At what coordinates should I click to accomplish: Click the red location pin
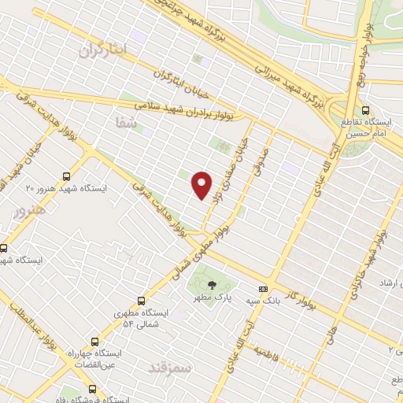point(202,184)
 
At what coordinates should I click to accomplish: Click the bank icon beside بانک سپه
point(263,288)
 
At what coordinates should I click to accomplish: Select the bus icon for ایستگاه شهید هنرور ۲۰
point(66,177)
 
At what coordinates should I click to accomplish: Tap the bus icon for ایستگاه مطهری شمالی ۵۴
point(142,300)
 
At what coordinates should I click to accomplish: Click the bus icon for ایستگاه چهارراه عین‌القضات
point(94,342)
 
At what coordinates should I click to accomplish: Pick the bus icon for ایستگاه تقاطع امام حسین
point(364,111)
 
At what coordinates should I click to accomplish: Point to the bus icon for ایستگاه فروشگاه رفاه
point(92,389)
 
